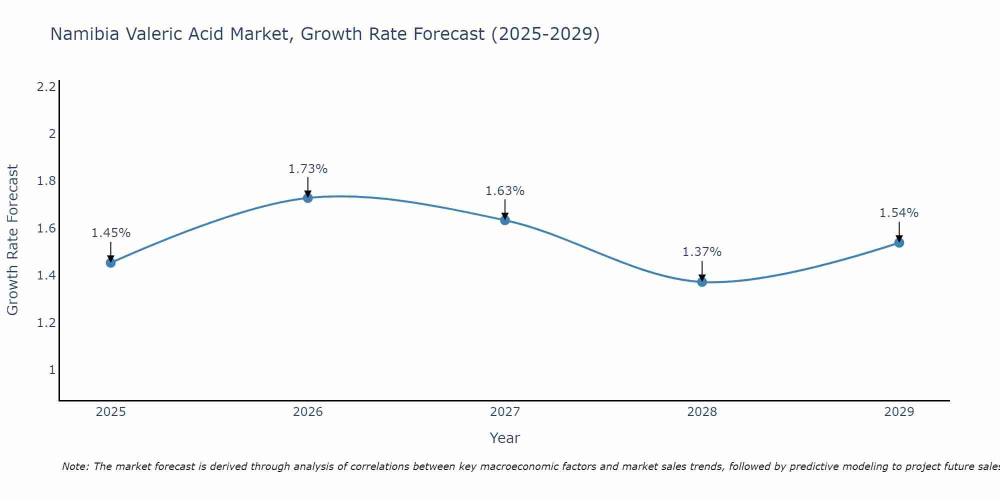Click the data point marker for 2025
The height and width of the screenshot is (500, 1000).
(x=110, y=262)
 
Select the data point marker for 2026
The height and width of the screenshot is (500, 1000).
(x=308, y=198)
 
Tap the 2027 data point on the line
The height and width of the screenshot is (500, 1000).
(x=505, y=220)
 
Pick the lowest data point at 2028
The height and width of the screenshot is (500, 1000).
(x=702, y=282)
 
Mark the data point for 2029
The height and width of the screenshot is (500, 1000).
(x=899, y=242)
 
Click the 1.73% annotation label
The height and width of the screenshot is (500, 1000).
(x=308, y=169)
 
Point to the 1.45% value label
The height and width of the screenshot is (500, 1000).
(x=110, y=233)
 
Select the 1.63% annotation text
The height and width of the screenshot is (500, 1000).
(x=505, y=191)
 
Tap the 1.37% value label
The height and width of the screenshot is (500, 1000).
(x=702, y=252)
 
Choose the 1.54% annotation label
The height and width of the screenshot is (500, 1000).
(x=899, y=213)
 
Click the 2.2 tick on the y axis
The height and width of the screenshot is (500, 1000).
(x=46, y=87)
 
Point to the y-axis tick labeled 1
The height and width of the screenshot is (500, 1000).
(x=52, y=370)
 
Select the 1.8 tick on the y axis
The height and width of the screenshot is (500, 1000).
(x=46, y=181)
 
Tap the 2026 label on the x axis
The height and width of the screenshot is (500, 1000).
(x=308, y=412)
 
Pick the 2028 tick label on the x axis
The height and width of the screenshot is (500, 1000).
(x=702, y=412)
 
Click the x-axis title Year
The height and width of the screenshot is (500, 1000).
(x=505, y=438)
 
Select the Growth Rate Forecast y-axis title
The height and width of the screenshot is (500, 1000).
(x=12, y=240)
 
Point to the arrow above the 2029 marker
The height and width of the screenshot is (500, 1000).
(x=899, y=231)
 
